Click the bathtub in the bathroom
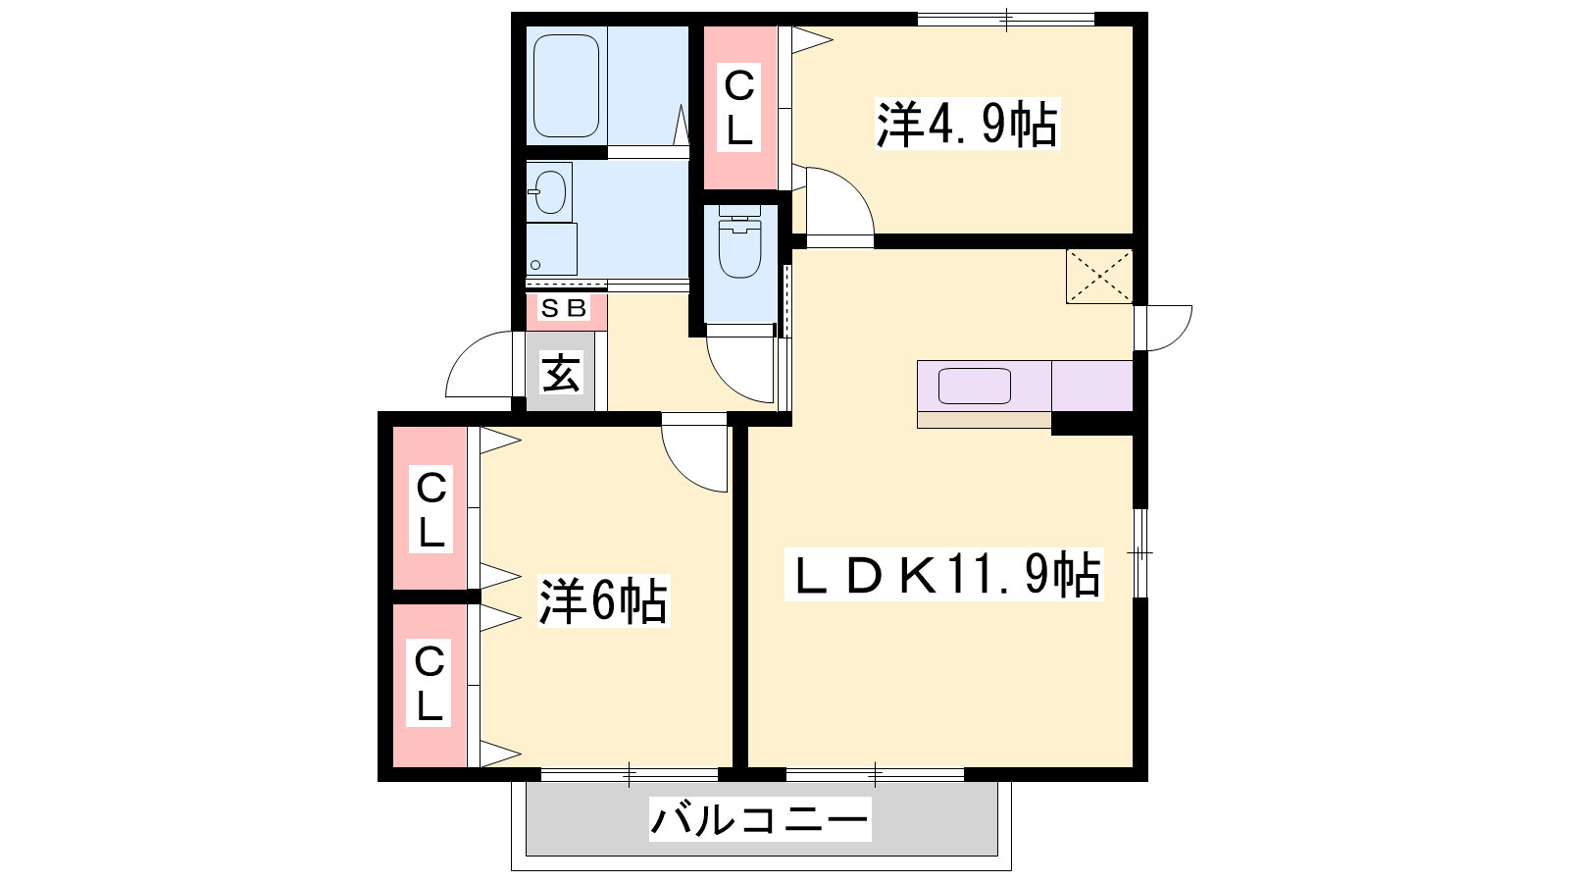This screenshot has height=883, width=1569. tap(566, 85)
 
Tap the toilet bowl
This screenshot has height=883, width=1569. tap(739, 249)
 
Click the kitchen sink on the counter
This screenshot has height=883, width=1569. tap(975, 387)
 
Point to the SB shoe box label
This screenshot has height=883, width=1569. tap(565, 308)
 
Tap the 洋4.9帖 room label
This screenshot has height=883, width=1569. tap(967, 125)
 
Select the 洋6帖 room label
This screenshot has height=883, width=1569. tap(602, 600)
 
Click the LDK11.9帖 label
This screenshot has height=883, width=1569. tap(944, 574)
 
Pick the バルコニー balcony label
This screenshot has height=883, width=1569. tap(760, 818)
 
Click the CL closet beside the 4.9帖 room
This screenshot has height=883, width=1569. tap(740, 107)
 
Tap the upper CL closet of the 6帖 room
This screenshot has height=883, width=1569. tap(430, 509)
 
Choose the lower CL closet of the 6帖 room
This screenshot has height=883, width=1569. tap(430, 686)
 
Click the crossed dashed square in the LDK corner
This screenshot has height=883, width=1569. tap(1099, 276)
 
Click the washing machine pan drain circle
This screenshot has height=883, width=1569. tap(535, 265)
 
